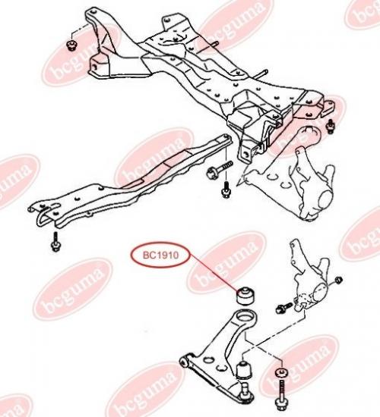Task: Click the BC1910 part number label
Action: (160, 256)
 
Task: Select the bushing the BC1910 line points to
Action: (245, 295)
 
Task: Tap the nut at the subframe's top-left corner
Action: (71, 45)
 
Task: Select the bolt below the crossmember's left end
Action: (56, 241)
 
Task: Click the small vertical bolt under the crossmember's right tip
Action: (226, 189)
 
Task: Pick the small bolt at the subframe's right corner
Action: (331, 127)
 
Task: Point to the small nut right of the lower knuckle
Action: (339, 280)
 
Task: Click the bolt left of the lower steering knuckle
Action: (284, 307)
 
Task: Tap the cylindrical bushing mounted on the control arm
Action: (244, 369)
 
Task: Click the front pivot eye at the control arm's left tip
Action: (184, 362)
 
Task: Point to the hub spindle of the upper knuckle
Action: (325, 199)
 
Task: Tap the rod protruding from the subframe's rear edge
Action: (262, 74)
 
